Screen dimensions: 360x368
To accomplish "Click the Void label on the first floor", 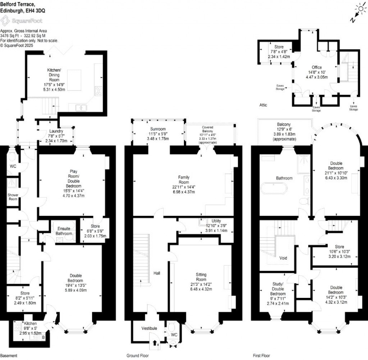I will (283, 258).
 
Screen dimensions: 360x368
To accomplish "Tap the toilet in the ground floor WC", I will (171, 328).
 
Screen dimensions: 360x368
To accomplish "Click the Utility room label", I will (216, 221).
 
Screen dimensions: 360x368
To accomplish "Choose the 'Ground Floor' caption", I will (137, 356).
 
